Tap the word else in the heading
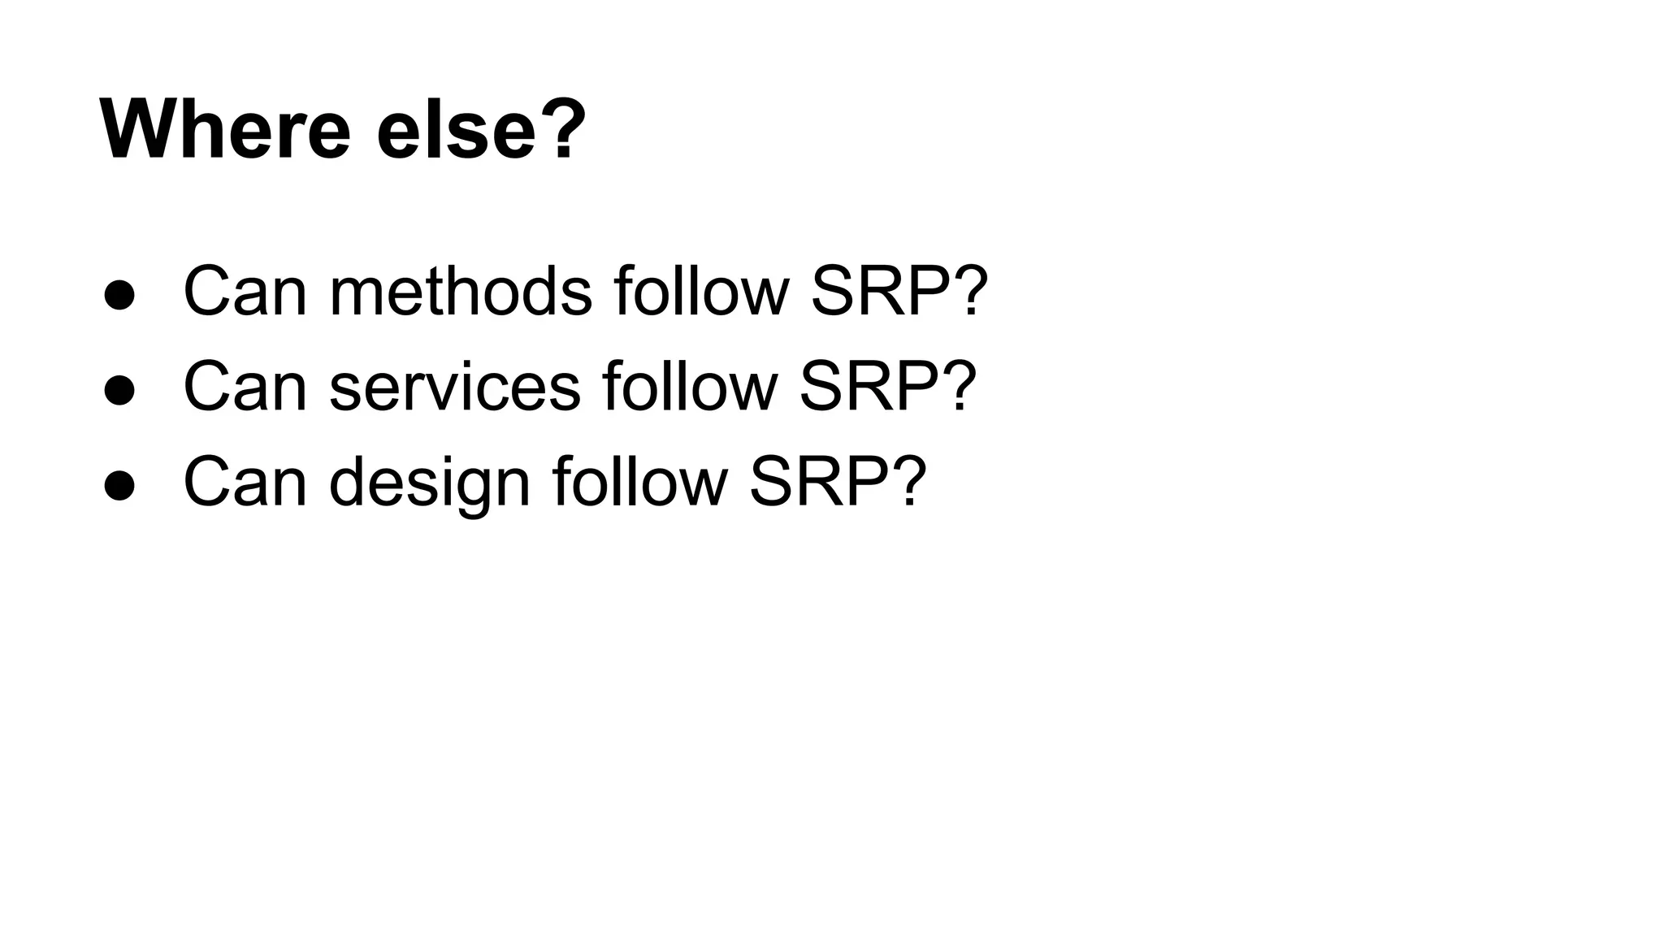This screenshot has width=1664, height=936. point(456,130)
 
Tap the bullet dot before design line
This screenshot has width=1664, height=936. point(119,486)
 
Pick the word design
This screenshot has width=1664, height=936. point(430,484)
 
